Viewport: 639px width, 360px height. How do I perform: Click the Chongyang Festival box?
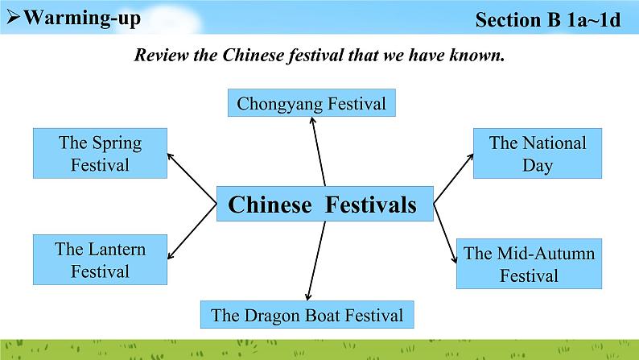(x=311, y=104)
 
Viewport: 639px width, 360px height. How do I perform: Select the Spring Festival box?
(x=100, y=154)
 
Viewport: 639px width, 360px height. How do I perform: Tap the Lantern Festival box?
(x=100, y=259)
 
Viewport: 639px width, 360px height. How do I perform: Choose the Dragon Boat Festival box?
(x=307, y=314)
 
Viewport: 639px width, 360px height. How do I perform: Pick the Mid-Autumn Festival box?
(x=529, y=264)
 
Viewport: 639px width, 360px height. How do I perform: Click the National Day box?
(x=537, y=154)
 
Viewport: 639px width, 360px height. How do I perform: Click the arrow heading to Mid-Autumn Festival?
(x=444, y=233)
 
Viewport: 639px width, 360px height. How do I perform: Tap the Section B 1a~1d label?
(x=548, y=19)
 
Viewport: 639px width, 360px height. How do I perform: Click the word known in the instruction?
(x=475, y=56)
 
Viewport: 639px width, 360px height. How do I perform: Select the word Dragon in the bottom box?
(x=271, y=315)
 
